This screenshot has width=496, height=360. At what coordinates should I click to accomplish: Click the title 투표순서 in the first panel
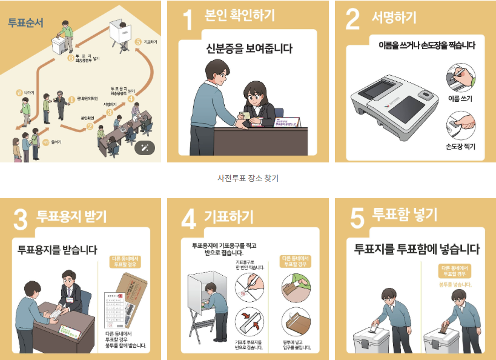pyautogui.click(x=26, y=24)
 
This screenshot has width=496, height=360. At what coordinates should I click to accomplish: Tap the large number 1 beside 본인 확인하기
pyautogui.click(x=188, y=21)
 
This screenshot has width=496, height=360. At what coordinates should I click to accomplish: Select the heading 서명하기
pyautogui.click(x=394, y=18)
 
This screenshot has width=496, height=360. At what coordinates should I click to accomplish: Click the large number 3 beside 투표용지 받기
pyautogui.click(x=21, y=220)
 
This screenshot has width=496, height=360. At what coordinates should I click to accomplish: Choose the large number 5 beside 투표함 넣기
pyautogui.click(x=357, y=219)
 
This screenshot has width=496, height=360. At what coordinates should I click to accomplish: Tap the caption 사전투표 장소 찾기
pyautogui.click(x=248, y=178)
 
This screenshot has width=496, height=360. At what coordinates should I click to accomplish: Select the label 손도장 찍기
pyautogui.click(x=460, y=147)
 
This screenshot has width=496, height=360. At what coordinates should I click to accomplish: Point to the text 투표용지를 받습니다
pyautogui.click(x=58, y=249)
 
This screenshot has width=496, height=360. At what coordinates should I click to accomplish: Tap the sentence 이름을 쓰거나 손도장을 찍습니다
pyautogui.click(x=426, y=45)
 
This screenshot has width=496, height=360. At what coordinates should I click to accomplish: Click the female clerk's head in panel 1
pyautogui.click(x=255, y=89)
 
